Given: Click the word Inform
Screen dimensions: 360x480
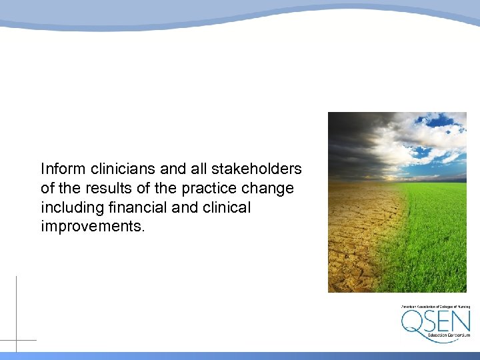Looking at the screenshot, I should [x=59, y=169].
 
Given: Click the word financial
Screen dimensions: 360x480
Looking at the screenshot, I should [x=135, y=207].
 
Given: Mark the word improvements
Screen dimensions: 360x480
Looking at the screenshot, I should [x=91, y=227].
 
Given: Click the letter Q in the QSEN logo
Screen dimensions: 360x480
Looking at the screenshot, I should [x=413, y=323].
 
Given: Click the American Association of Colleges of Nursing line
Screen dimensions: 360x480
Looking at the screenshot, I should [x=435, y=307].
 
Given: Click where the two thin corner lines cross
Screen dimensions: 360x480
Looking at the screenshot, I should [x=16, y=340].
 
